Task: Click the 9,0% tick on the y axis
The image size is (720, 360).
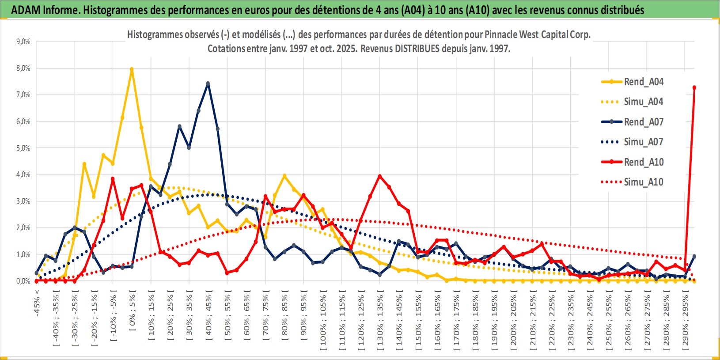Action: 23,42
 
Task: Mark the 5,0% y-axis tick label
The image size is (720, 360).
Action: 23,148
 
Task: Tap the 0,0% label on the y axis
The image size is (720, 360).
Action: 23,281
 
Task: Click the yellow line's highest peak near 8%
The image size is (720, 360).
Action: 132,69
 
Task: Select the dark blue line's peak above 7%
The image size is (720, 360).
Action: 208,83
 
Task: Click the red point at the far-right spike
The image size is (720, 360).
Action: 694,87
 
